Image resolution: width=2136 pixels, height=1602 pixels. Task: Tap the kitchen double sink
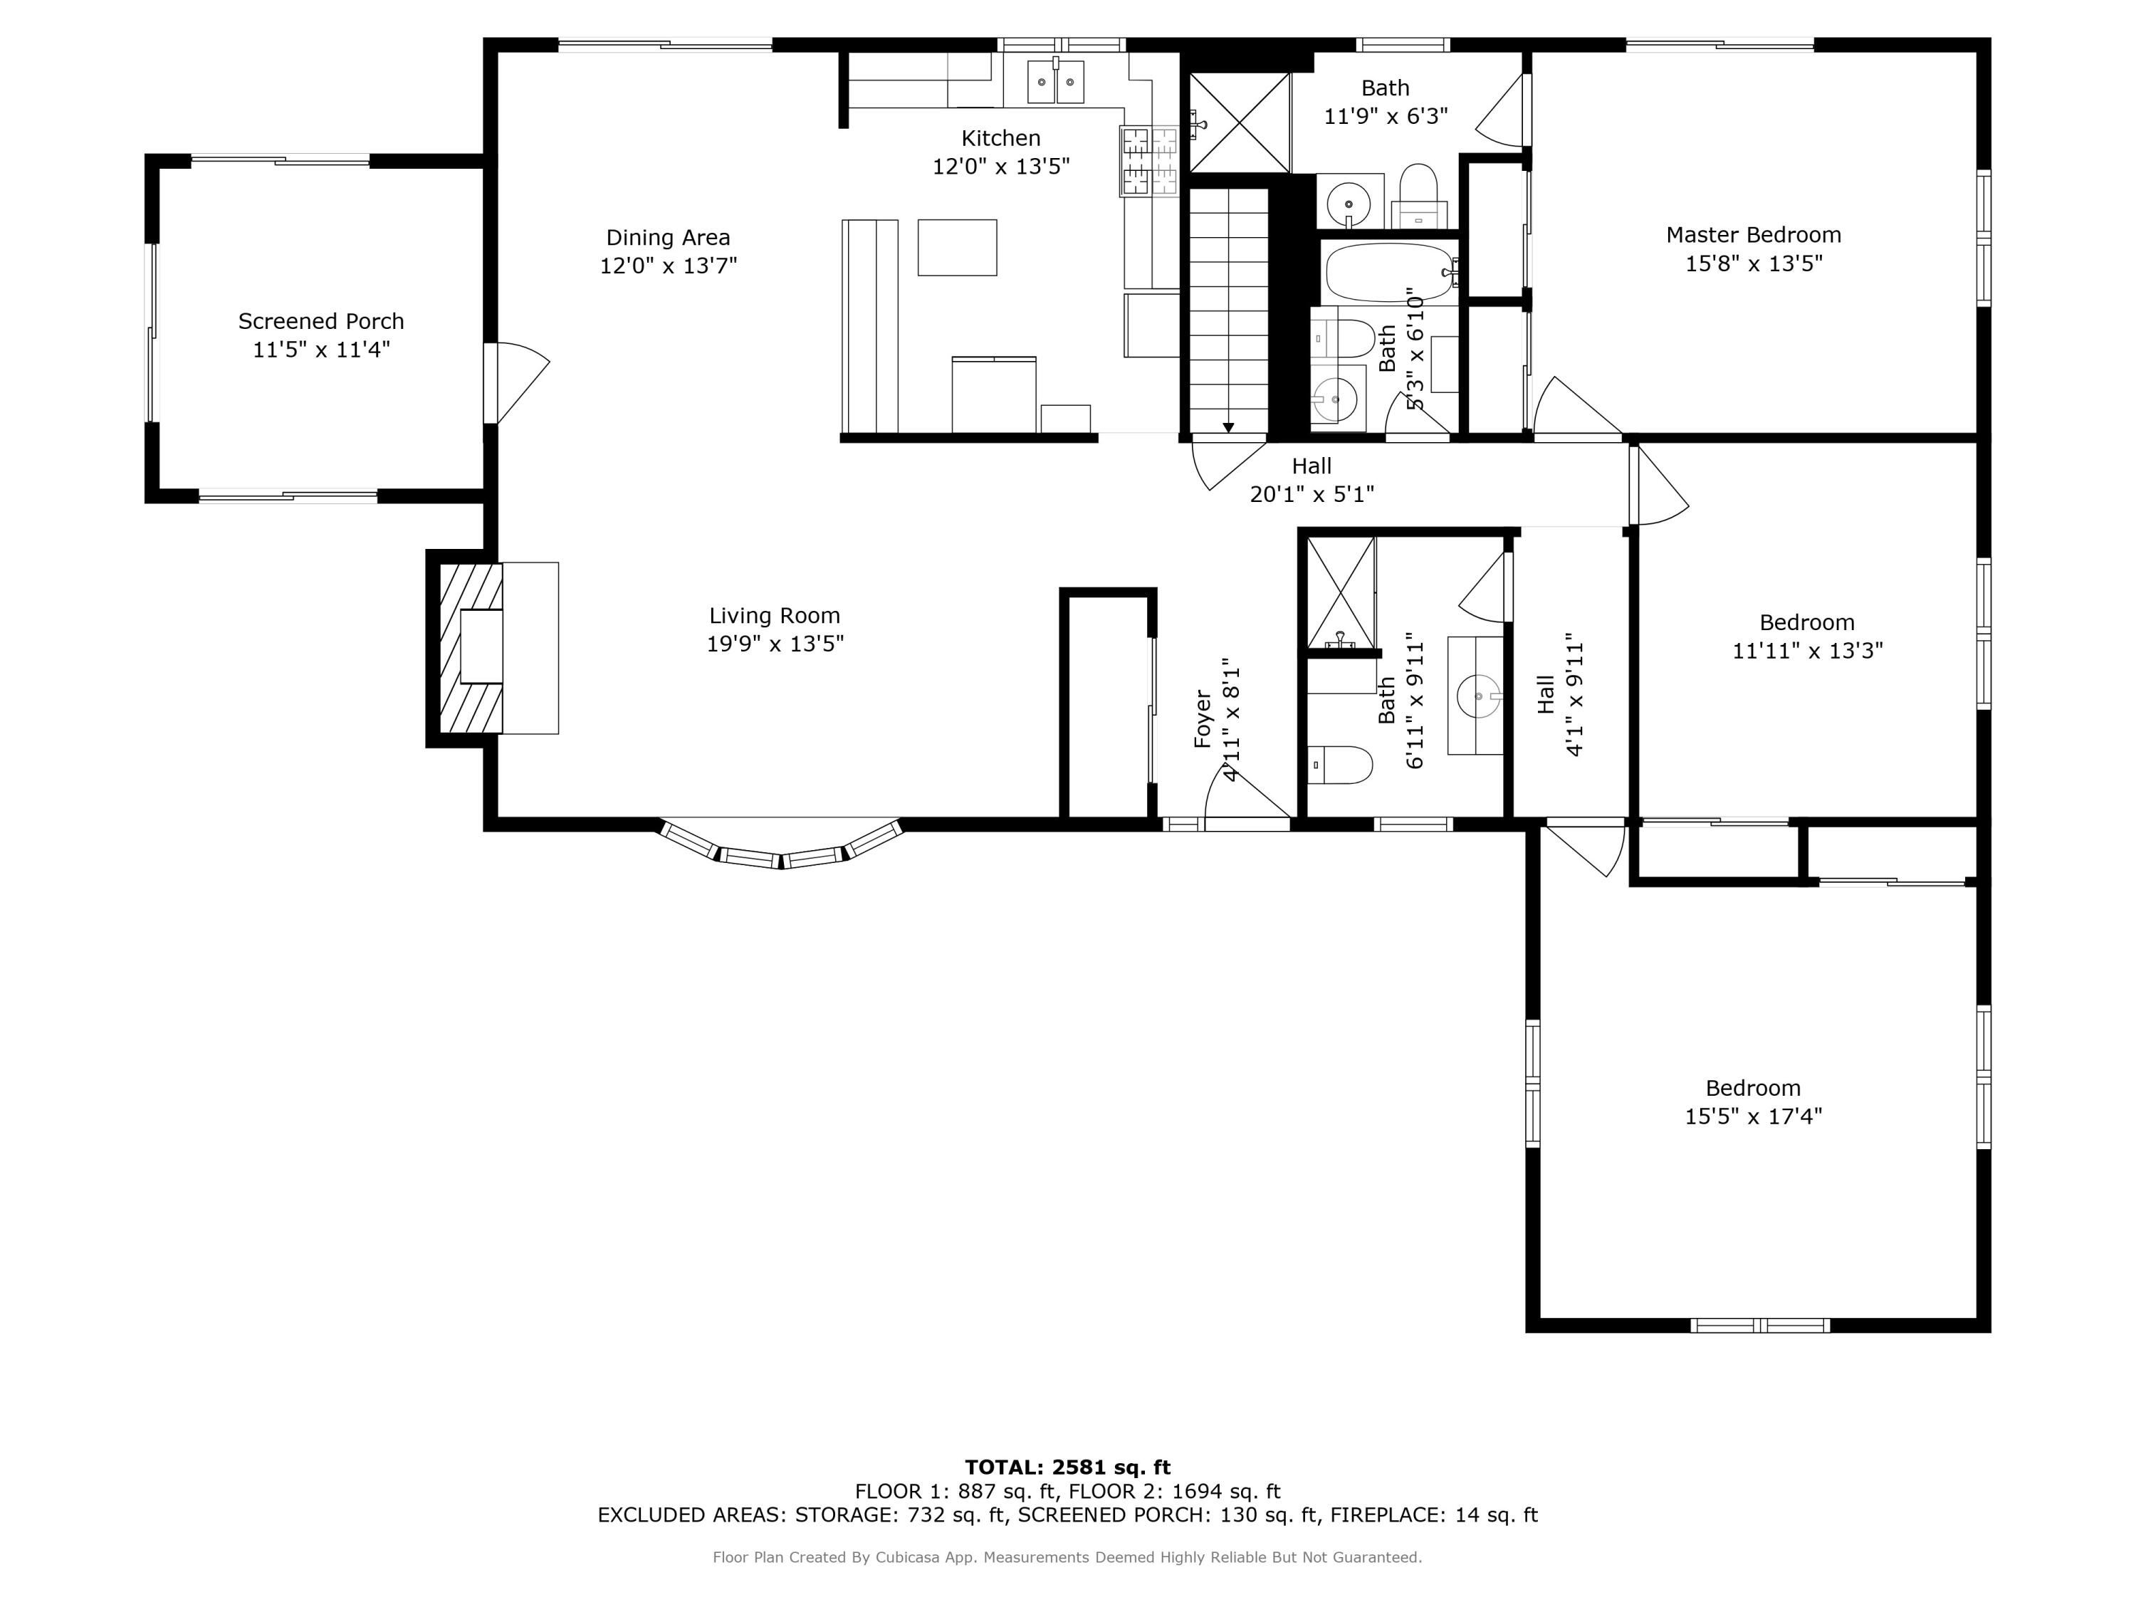(x=1055, y=82)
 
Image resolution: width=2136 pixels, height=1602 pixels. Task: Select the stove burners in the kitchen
(x=1149, y=161)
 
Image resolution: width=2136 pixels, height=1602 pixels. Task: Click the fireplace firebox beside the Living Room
(x=481, y=647)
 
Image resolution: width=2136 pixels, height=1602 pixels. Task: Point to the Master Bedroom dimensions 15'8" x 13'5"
(x=1754, y=263)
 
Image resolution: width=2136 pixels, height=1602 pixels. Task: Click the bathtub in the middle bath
(x=1388, y=272)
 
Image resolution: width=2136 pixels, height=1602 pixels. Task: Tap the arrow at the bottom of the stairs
(x=1227, y=426)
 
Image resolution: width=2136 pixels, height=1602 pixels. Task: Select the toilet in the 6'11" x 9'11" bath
(x=1340, y=765)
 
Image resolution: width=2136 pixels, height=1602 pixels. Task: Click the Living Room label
(x=775, y=616)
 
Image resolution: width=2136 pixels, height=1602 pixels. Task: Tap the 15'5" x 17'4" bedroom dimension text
(x=1753, y=1116)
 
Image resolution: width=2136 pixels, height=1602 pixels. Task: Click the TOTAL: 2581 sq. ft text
(x=1067, y=1467)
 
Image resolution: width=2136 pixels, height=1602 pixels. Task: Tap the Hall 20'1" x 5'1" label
(x=1312, y=480)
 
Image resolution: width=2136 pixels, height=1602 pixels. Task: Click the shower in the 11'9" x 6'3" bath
(x=1239, y=122)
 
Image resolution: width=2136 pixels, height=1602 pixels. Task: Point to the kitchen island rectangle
(x=957, y=247)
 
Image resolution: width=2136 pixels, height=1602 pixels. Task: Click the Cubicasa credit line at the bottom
(x=1067, y=1556)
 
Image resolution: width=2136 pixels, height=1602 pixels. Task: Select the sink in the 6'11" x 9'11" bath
(x=1477, y=695)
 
